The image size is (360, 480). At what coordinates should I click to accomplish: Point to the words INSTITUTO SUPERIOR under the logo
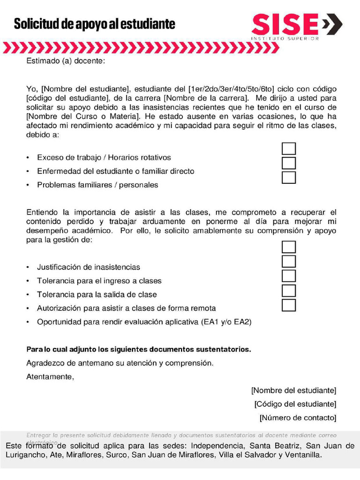[x=285, y=38]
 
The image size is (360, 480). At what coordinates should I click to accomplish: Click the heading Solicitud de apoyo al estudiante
[x=94, y=24]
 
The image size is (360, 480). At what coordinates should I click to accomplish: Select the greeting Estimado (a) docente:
[x=66, y=61]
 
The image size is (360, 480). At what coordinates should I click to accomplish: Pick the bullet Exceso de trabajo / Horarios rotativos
[x=104, y=157]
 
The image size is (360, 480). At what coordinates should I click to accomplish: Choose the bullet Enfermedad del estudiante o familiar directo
[x=115, y=171]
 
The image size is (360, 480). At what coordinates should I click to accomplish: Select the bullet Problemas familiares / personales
[x=97, y=185]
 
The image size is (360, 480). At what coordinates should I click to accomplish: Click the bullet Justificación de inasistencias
[x=89, y=267]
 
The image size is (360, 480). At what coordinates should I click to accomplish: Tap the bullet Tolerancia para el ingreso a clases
[x=99, y=281]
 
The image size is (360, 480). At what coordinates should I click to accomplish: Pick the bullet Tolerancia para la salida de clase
[x=97, y=294]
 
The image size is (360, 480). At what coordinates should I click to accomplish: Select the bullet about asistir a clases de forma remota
[x=127, y=308]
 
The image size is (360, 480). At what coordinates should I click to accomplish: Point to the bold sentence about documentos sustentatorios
[x=139, y=349]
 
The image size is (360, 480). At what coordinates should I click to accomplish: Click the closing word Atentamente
[x=50, y=376]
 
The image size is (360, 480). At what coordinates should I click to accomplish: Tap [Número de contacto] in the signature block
[x=298, y=417]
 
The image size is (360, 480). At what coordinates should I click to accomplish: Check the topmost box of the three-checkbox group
[x=289, y=149]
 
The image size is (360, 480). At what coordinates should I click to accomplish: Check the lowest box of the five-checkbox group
[x=289, y=305]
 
